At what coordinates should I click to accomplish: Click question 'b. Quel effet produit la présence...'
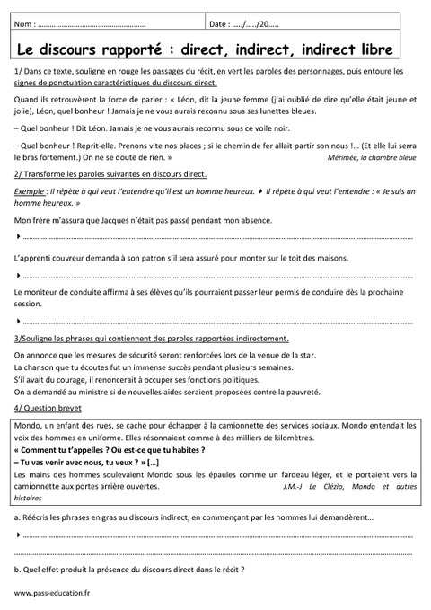coord(130,569)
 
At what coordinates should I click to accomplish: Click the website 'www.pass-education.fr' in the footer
coord(51,595)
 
